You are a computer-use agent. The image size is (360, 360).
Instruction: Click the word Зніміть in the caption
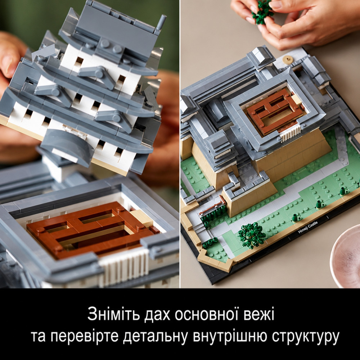point(113,314)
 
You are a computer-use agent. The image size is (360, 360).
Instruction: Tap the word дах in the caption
point(157,315)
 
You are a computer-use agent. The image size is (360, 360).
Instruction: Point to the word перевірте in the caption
point(84,336)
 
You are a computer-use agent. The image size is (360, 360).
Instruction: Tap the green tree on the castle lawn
point(252,235)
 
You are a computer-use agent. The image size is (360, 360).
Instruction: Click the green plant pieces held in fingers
point(262,12)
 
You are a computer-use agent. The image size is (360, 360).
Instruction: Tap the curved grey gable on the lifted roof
point(67,146)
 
